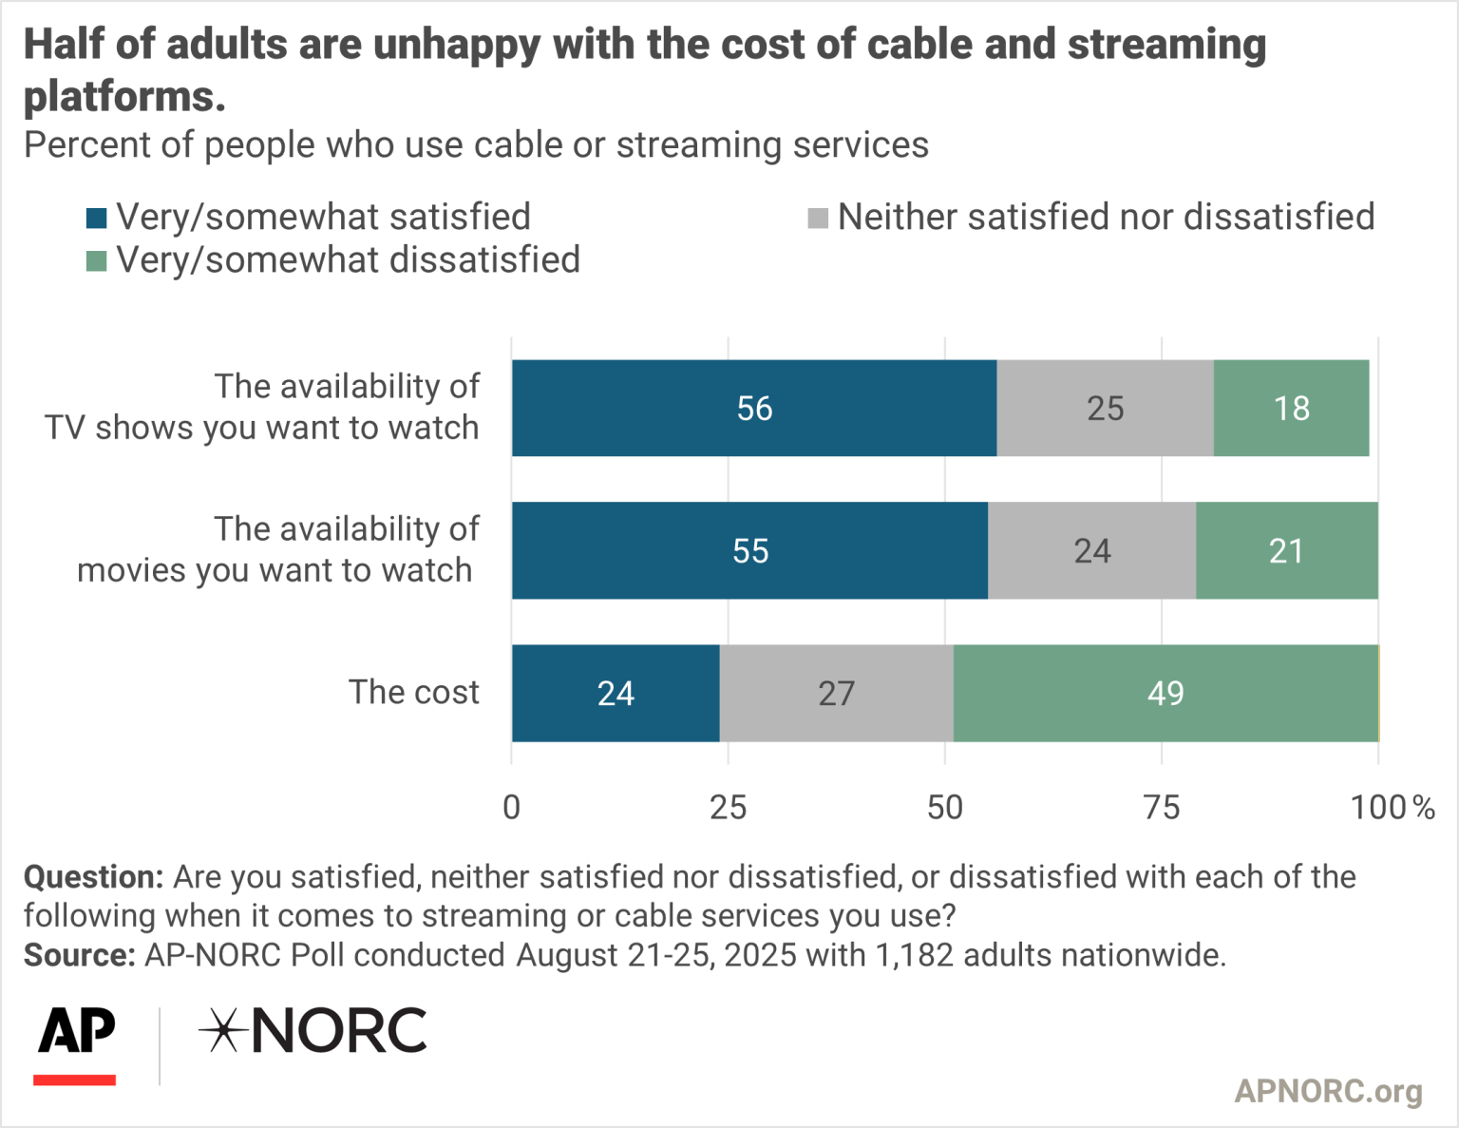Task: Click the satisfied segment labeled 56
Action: pos(754,408)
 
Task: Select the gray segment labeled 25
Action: pos(1105,408)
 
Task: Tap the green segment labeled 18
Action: pos(1291,408)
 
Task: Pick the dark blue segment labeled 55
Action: pos(749,550)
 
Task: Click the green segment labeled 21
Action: pos(1286,550)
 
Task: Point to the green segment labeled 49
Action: pos(1165,693)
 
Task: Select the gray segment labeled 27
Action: pos(836,693)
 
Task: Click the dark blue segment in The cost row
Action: pos(616,693)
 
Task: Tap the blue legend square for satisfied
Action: pos(96,218)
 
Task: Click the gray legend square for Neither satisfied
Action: pos(817,218)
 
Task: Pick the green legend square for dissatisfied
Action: pos(96,260)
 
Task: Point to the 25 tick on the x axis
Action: pos(728,807)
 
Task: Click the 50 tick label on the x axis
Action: pos(944,807)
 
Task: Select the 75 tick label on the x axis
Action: pos(1161,807)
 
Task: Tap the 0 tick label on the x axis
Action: pos(511,807)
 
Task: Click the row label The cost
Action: pos(413,692)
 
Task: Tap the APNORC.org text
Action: pos(1327,1090)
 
